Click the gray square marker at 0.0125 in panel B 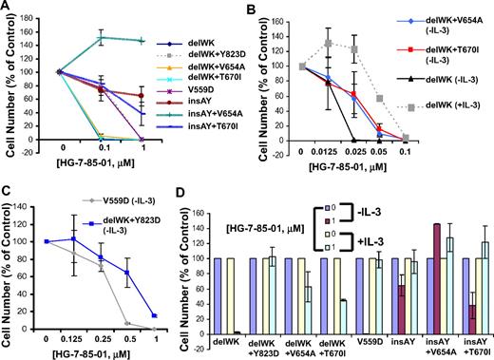coord(329,43)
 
